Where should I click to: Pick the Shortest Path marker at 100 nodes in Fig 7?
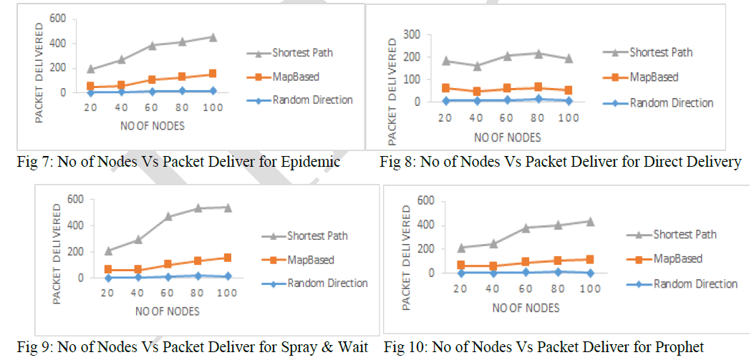point(213,37)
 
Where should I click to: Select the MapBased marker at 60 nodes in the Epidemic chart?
point(152,79)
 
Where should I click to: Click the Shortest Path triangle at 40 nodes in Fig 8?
point(478,66)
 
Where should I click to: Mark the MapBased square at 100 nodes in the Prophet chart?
point(590,259)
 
